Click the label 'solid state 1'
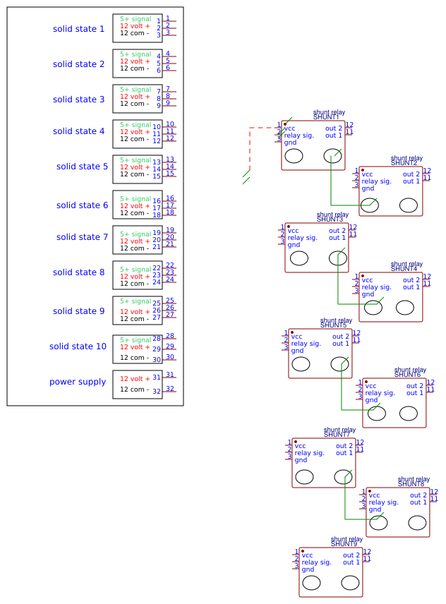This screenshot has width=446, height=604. (x=78, y=29)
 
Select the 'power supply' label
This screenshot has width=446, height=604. (x=78, y=382)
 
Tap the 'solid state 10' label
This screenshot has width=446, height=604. (x=78, y=346)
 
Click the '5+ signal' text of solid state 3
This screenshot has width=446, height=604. (x=135, y=90)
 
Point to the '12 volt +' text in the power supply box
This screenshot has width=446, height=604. (x=134, y=379)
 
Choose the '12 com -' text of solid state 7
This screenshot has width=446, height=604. (x=134, y=248)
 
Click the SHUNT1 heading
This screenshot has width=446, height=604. (x=326, y=117)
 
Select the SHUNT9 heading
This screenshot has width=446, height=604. (x=344, y=544)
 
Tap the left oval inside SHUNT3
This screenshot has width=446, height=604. (x=299, y=258)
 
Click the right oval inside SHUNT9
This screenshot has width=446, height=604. (x=350, y=583)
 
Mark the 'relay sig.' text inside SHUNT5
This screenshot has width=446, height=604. (x=306, y=344)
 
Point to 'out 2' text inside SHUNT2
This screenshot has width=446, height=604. (x=411, y=174)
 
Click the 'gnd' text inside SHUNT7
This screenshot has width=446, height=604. (x=301, y=460)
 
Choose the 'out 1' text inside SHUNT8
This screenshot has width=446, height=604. (x=418, y=502)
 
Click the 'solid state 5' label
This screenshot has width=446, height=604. (x=82, y=167)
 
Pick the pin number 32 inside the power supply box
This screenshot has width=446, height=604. (x=157, y=391)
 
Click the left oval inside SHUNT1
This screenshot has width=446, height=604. (x=294, y=156)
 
